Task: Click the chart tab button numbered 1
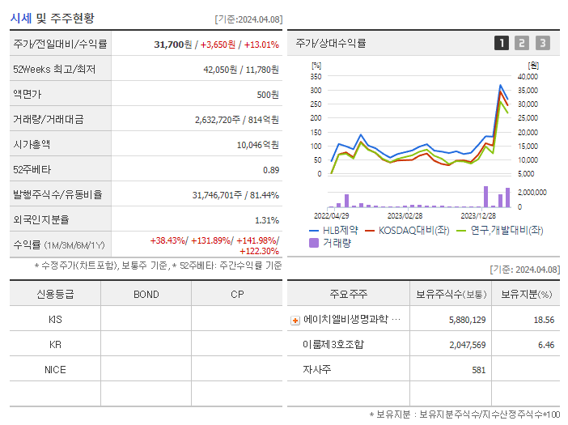(502, 43)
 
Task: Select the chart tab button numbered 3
(542, 43)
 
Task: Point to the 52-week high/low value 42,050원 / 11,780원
(241, 70)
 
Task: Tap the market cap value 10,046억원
(257, 144)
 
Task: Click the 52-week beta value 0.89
(270, 169)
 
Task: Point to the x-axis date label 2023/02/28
(405, 215)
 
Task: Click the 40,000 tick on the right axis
(528, 76)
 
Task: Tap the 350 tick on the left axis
(316, 76)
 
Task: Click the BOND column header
(146, 294)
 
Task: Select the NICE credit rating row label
(55, 369)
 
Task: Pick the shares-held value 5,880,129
(467, 320)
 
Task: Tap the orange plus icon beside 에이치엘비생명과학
(295, 320)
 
